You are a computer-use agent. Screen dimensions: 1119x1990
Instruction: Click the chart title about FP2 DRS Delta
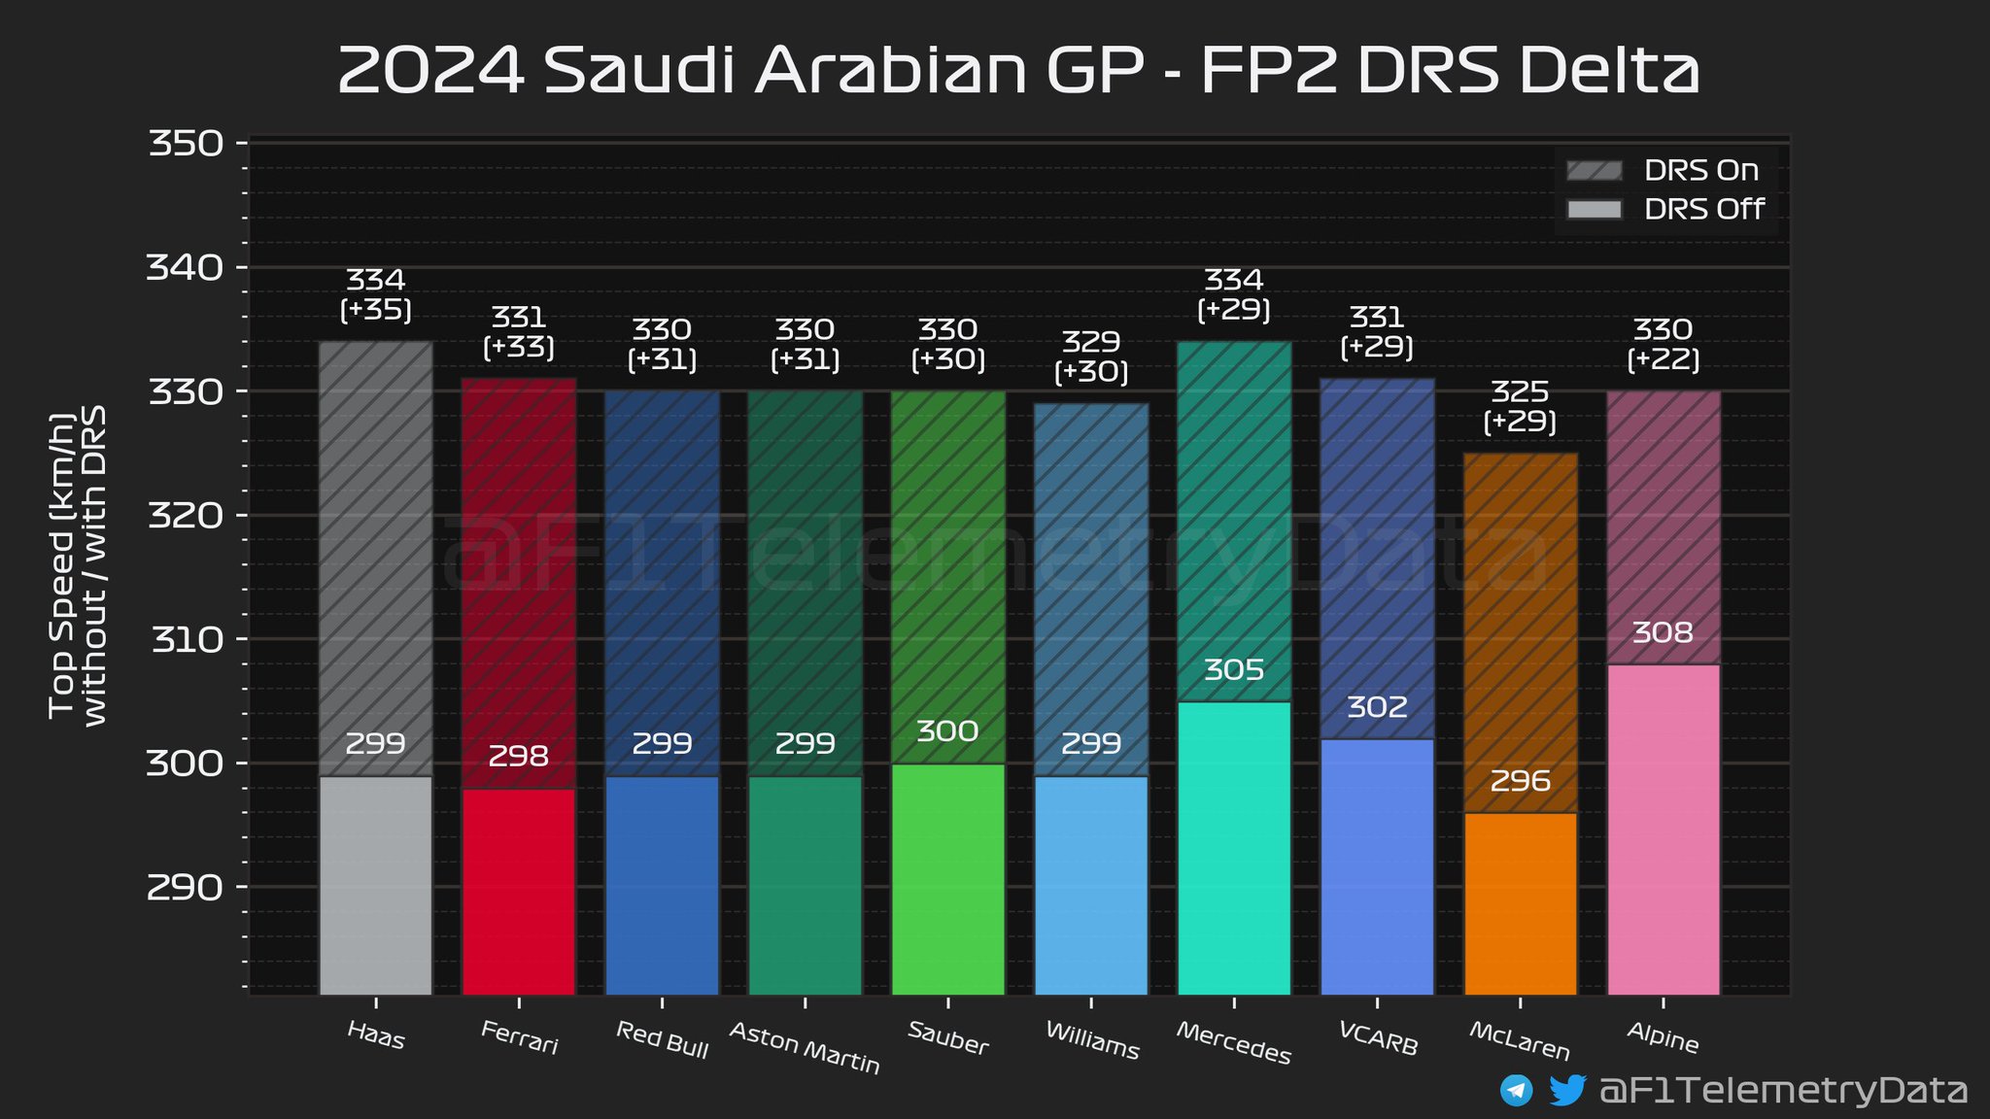[x=1018, y=70]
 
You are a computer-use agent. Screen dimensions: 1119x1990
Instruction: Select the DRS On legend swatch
[x=1594, y=171]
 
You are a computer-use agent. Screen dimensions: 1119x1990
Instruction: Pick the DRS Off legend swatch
[x=1594, y=210]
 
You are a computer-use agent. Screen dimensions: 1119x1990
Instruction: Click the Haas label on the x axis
[x=375, y=1035]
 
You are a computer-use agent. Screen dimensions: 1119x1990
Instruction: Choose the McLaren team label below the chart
[x=1520, y=1041]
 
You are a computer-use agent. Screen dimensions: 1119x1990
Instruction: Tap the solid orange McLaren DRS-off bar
[x=1520, y=903]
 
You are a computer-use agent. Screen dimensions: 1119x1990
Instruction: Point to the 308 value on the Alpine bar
[x=1663, y=633]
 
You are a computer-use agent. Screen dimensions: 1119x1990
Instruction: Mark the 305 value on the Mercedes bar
[x=1234, y=670]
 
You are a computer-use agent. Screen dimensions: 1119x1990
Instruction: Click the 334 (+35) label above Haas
[x=375, y=294]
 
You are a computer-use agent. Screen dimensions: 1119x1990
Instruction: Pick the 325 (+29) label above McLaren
[x=1520, y=406]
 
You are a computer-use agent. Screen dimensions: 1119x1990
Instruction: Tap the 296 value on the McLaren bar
[x=1520, y=781]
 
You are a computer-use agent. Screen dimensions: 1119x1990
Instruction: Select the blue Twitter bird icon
[x=1566, y=1090]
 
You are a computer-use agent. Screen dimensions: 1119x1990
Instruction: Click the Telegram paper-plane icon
[x=1516, y=1090]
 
